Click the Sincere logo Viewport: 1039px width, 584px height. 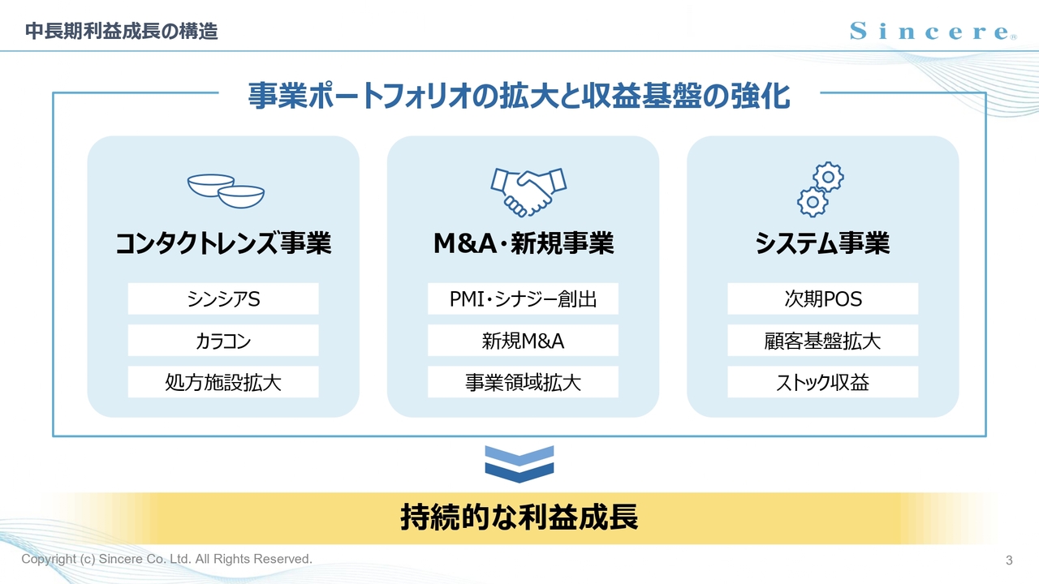point(933,32)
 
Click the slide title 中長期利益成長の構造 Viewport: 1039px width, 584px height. point(122,32)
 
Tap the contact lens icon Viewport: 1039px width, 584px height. point(226,191)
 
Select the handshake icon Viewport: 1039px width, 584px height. point(528,192)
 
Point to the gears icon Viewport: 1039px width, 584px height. point(821,189)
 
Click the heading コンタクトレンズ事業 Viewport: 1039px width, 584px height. point(223,243)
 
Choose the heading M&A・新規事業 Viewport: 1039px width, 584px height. point(524,243)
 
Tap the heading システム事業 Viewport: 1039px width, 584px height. point(822,243)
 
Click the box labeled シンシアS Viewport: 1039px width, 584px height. point(223,299)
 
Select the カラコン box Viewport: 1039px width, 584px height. point(223,341)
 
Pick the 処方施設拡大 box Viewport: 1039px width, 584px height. point(223,382)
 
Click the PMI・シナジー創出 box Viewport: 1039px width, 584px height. point(523,299)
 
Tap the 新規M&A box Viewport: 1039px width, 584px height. point(523,341)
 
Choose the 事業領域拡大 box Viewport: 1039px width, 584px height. point(523,382)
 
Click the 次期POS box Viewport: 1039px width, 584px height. point(823,299)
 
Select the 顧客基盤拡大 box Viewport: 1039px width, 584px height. point(823,341)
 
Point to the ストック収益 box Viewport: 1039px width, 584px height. point(823,382)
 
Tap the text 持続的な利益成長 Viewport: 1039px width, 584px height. point(519,517)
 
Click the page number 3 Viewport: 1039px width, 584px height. point(1009,560)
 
